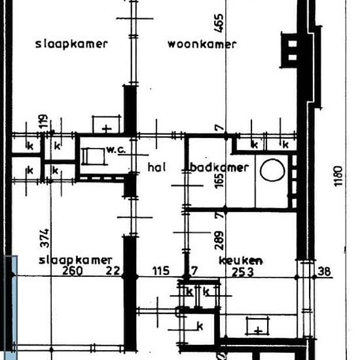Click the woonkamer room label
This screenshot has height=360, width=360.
(202, 44)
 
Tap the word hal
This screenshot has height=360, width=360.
(156, 167)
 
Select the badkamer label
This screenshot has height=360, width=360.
(219, 168)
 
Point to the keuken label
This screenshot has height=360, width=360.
(241, 261)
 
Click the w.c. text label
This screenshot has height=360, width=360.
(116, 150)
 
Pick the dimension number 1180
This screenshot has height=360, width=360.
(338, 176)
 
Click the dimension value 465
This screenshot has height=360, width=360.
(219, 23)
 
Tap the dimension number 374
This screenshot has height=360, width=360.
(45, 238)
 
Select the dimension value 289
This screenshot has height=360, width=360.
(219, 240)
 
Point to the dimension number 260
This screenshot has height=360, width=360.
(73, 271)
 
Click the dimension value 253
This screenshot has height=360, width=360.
(243, 272)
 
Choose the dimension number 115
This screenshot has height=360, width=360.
(161, 271)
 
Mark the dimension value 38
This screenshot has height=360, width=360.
(324, 272)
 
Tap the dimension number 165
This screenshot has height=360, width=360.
(219, 181)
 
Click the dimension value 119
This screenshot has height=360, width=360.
(44, 121)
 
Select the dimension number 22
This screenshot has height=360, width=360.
(113, 271)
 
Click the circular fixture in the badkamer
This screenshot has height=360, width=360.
(272, 170)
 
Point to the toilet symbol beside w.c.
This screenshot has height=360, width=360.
(94, 156)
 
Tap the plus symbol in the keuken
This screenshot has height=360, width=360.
(259, 331)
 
